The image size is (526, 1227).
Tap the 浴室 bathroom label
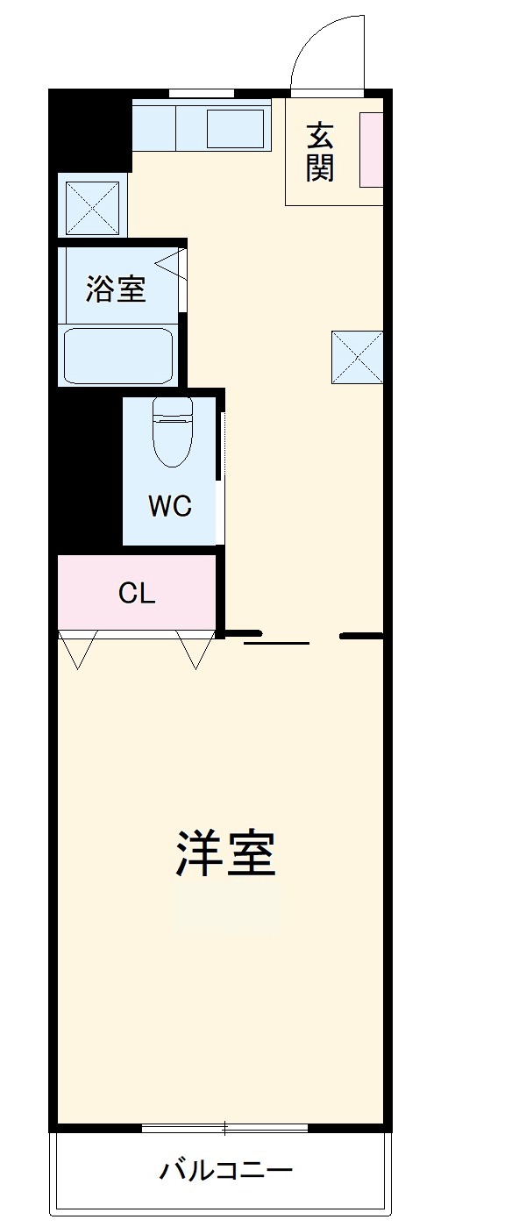[x=116, y=289]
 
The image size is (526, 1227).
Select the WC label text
[x=169, y=506]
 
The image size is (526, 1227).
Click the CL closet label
[x=137, y=594]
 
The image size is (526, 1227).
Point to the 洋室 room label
[x=226, y=852]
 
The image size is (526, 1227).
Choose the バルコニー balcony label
[x=225, y=1170]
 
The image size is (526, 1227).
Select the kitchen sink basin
[x=234, y=128]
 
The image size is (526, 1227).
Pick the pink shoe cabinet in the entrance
[x=372, y=149]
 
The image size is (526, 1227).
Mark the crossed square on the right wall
[x=357, y=357]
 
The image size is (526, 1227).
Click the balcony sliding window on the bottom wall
[x=224, y=1127]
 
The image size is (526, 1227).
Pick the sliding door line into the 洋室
[x=276, y=643]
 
